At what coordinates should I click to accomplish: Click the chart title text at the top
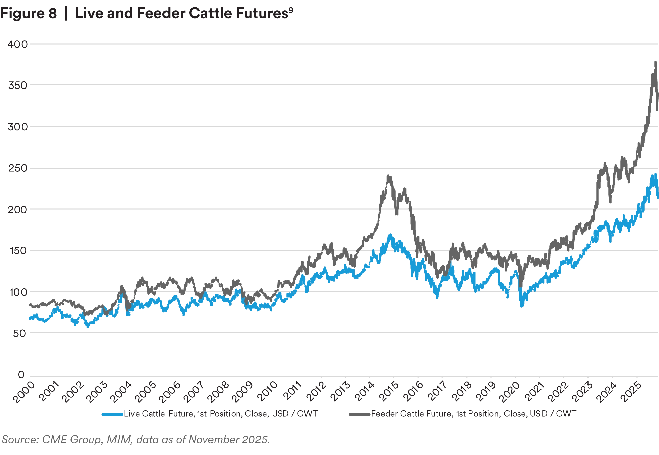144,14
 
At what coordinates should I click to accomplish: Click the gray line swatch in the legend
359,415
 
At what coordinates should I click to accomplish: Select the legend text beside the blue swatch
220,415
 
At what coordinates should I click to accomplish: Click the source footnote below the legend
136,440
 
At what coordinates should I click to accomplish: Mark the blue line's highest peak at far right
654,174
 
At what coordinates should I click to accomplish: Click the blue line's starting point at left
30,318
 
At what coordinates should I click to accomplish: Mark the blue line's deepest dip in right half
522,306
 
